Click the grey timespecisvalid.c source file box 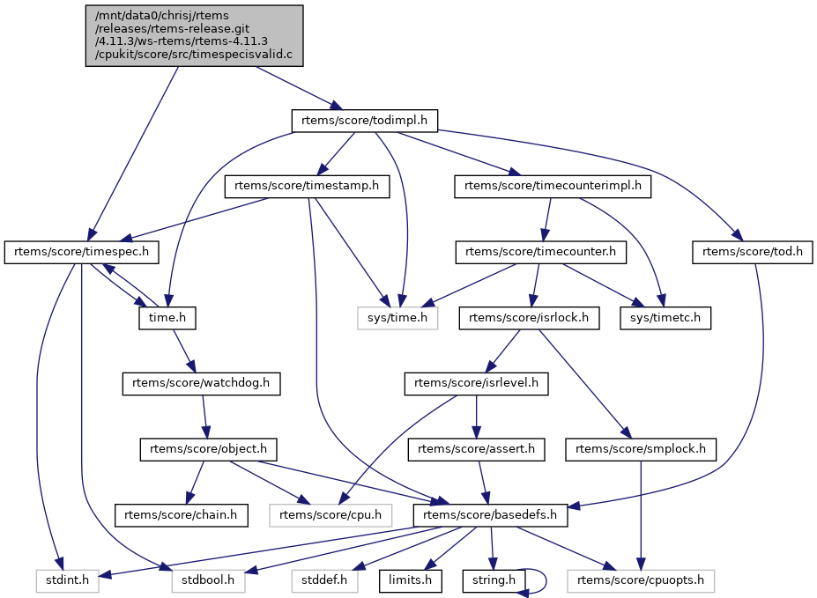pyautogui.click(x=194, y=35)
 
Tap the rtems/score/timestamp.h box pyautogui.click(x=307, y=186)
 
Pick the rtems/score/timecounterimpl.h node pyautogui.click(x=553, y=186)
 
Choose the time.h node pyautogui.click(x=167, y=317)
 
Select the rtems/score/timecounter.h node pyautogui.click(x=541, y=252)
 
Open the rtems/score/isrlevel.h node pyautogui.click(x=476, y=383)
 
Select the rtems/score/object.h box pyautogui.click(x=209, y=449)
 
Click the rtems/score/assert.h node pyautogui.click(x=476, y=449)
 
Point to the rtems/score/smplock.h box pyautogui.click(x=641, y=449)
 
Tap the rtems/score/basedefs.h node pyautogui.click(x=490, y=514)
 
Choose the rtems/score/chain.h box pyautogui.click(x=182, y=514)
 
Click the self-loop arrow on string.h pyautogui.click(x=545, y=580)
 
